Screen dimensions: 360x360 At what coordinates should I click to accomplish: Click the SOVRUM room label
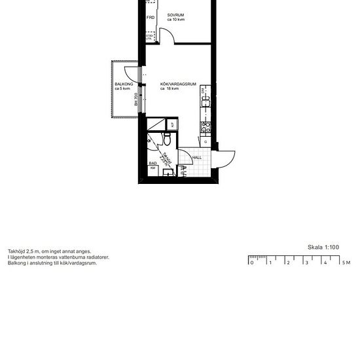click(x=175, y=14)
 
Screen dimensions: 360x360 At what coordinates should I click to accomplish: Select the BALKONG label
click(x=123, y=84)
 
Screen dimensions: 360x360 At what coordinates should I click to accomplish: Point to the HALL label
click(x=196, y=158)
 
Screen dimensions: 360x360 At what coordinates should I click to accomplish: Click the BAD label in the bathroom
click(x=152, y=163)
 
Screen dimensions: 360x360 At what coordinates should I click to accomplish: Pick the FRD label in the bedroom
click(x=150, y=18)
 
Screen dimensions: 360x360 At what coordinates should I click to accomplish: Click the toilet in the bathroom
click(x=168, y=140)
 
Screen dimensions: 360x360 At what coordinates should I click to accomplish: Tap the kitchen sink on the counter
click(x=206, y=100)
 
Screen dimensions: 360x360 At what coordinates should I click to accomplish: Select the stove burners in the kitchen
click(x=206, y=124)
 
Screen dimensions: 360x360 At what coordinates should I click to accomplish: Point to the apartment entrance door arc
click(x=226, y=157)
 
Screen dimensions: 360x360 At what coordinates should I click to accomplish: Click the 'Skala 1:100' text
click(x=323, y=247)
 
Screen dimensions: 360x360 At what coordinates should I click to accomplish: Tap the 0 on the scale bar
click(x=251, y=262)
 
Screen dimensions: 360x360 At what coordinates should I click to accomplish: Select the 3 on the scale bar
click(x=306, y=262)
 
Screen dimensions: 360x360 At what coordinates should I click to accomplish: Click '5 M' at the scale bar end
click(x=345, y=262)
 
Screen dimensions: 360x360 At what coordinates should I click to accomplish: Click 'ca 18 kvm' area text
click(x=170, y=89)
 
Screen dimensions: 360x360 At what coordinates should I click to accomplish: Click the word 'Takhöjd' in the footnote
click(x=16, y=251)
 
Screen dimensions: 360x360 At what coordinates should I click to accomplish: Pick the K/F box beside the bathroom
click(x=173, y=124)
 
